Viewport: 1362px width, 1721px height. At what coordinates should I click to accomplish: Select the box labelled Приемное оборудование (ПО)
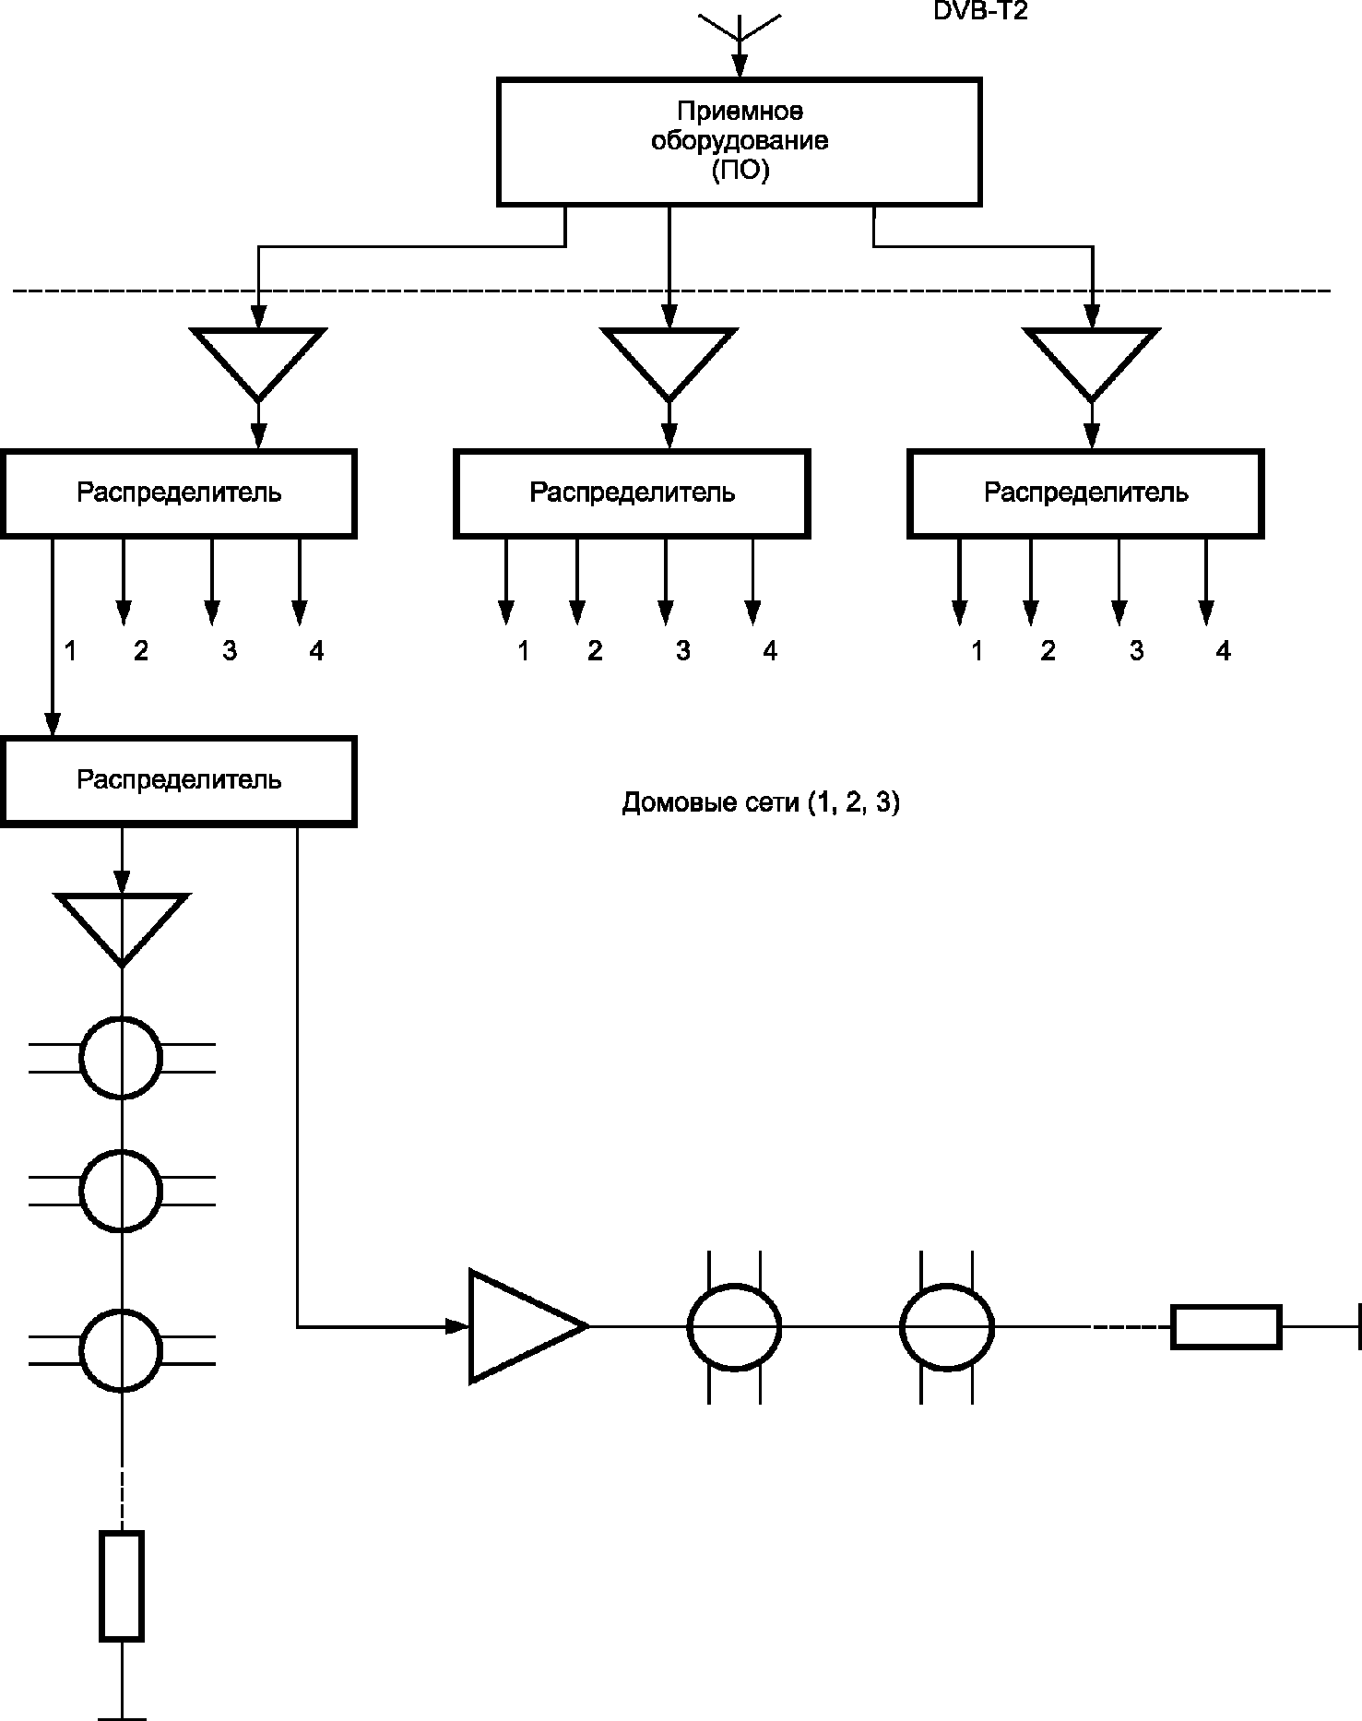tap(739, 141)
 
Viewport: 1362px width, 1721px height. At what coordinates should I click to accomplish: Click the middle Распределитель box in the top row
tap(632, 493)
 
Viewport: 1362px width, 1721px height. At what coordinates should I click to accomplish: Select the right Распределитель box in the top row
tap(1085, 493)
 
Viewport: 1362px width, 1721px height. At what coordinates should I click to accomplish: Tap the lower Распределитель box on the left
tap(179, 780)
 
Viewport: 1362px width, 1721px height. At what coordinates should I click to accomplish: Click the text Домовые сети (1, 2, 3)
tap(761, 803)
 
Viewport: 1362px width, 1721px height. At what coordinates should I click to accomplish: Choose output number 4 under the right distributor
tap(1223, 651)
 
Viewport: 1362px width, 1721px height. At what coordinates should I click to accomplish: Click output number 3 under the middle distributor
tap(682, 651)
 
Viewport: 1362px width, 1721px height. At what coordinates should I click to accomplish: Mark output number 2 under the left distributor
tap(140, 651)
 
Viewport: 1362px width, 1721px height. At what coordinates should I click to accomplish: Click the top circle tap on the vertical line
tap(121, 1058)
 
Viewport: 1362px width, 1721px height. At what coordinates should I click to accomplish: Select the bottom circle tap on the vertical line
tap(121, 1350)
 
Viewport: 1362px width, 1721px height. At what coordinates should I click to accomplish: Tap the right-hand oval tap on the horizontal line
tap(947, 1327)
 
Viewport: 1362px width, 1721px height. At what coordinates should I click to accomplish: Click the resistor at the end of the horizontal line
tap(1226, 1327)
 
